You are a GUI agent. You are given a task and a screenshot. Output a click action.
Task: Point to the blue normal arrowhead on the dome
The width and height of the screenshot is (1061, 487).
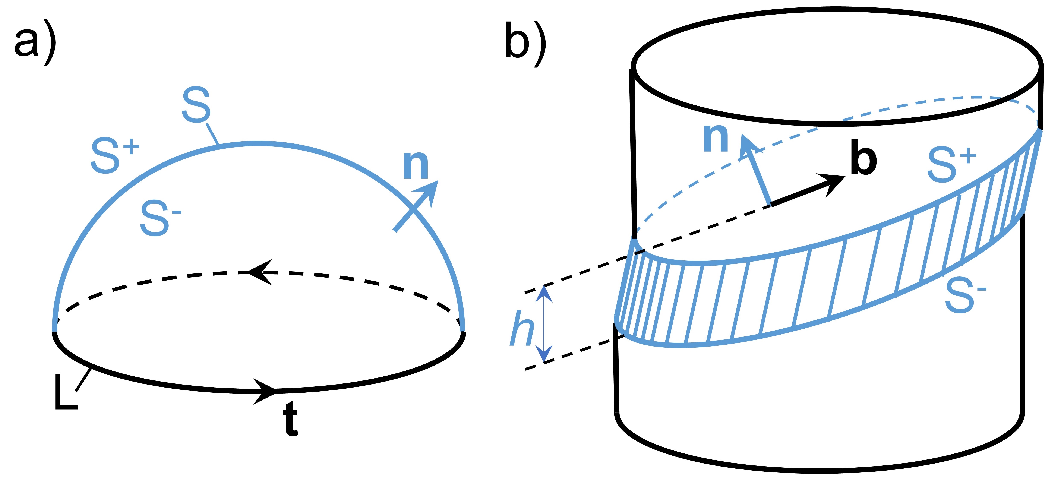[x=428, y=192]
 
